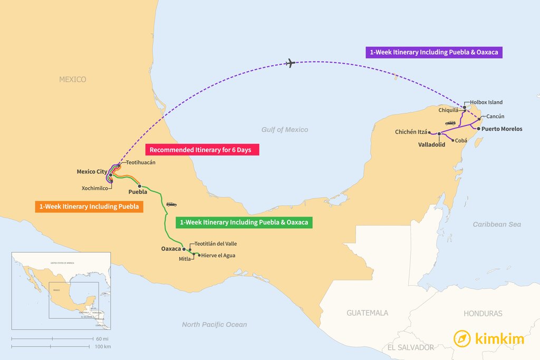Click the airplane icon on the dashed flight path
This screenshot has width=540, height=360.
(290, 63)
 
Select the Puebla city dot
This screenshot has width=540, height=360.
(139, 186)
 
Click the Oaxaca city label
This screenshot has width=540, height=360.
(171, 248)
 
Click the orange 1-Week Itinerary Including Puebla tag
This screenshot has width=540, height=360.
(89, 207)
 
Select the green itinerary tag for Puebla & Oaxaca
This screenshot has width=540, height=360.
(244, 222)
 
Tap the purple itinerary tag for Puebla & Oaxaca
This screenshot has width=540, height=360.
(434, 52)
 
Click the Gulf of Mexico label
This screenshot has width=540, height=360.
(285, 130)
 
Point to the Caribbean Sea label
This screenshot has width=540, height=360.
(497, 225)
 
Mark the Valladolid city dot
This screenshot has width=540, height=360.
(439, 134)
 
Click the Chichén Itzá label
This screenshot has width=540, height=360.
(411, 132)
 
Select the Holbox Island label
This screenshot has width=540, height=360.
(486, 102)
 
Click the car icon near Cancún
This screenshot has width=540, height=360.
(450, 123)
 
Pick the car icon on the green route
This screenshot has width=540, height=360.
(171, 204)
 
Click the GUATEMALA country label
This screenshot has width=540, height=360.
(367, 313)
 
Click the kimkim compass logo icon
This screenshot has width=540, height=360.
(462, 338)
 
